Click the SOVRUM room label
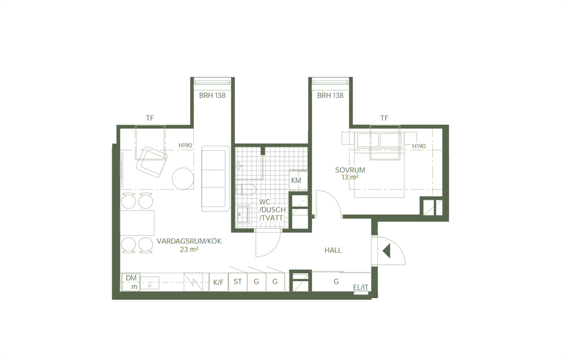pyautogui.click(x=350, y=170)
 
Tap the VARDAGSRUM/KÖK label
pyautogui.click(x=189, y=242)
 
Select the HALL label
pyautogui.click(x=333, y=250)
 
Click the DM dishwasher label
pyautogui.click(x=131, y=278)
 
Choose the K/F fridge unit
pyautogui.click(x=218, y=282)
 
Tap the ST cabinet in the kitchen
pyautogui.click(x=237, y=282)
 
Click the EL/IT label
pyautogui.click(x=360, y=287)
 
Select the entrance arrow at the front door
pyautogui.click(x=386, y=251)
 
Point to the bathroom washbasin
pyautogui.click(x=242, y=215)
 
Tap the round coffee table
pyautogui.click(x=183, y=178)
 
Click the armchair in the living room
pyautogui.click(x=152, y=163)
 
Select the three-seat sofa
pyautogui.click(x=215, y=178)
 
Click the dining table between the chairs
pyautogui.click(x=137, y=223)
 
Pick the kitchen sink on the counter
pyautogui.click(x=150, y=282)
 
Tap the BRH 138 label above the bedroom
pyautogui.click(x=330, y=95)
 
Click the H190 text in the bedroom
pyautogui.click(x=419, y=146)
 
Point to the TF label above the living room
pyautogui.click(x=150, y=118)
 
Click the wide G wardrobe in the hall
pyautogui.click(x=336, y=282)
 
